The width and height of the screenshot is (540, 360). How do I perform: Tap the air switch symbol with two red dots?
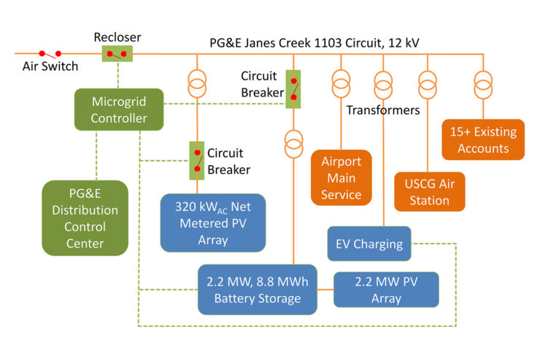coord(50,53)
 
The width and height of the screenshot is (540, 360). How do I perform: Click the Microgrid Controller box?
coord(119,110)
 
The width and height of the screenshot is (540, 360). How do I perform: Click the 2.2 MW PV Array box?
coord(386,289)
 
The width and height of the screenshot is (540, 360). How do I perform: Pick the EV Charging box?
coord(369,244)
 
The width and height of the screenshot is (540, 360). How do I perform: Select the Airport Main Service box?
coord(342,177)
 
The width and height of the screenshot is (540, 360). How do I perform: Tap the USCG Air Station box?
coord(430,191)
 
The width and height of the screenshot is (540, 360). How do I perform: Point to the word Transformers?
coord(383,110)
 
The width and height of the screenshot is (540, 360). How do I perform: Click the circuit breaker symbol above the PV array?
coord(197,160)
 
